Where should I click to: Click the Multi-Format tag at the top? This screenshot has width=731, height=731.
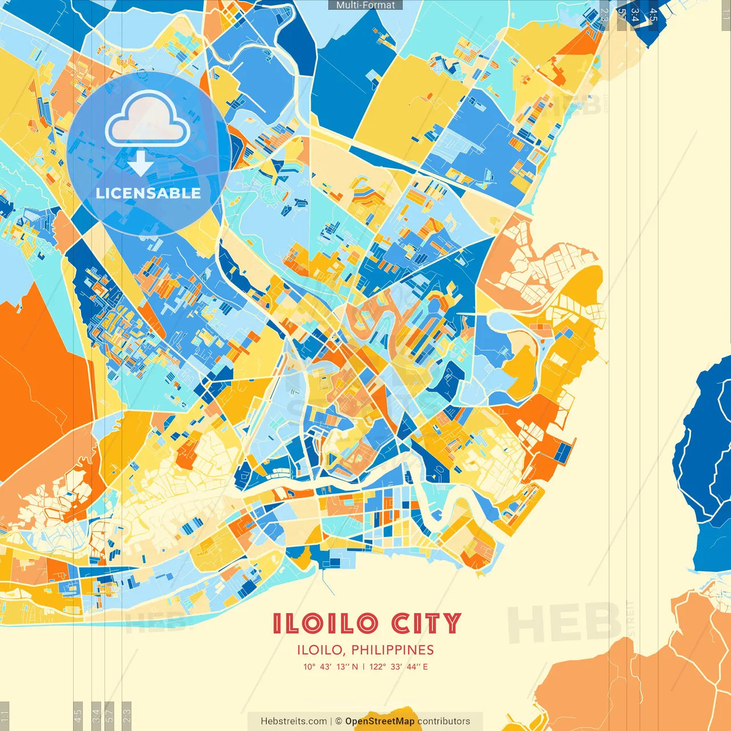pyautogui.click(x=365, y=5)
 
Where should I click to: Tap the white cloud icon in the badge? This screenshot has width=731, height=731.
pyautogui.click(x=148, y=119)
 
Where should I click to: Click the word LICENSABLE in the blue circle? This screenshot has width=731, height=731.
pyautogui.click(x=148, y=193)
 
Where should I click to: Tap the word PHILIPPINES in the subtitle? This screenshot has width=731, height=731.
pyautogui.click(x=392, y=650)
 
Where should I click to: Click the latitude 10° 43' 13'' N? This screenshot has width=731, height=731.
pyautogui.click(x=331, y=666)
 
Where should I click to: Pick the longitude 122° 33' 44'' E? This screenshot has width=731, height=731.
pyautogui.click(x=399, y=666)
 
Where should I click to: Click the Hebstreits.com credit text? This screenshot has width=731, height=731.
pyautogui.click(x=294, y=721)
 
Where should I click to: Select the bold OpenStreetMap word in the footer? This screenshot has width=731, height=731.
pyautogui.click(x=380, y=721)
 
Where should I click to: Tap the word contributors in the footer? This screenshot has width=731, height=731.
pyautogui.click(x=444, y=721)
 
